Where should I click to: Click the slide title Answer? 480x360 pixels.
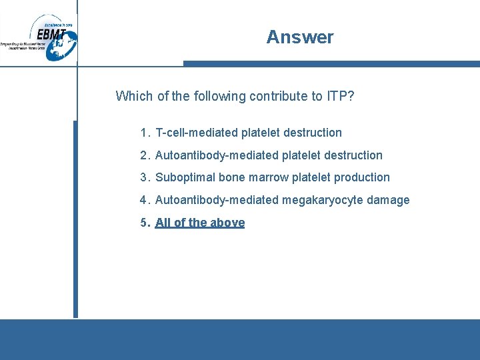click(299, 37)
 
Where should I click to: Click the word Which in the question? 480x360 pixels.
click(134, 96)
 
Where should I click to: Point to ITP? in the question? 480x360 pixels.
click(340, 96)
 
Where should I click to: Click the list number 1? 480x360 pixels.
click(143, 133)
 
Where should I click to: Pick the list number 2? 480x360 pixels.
click(143, 155)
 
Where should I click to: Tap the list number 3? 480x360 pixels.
click(143, 177)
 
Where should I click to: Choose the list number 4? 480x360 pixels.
click(143, 200)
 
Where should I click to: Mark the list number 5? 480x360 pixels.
click(143, 223)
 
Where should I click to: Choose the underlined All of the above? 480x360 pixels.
click(200, 223)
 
